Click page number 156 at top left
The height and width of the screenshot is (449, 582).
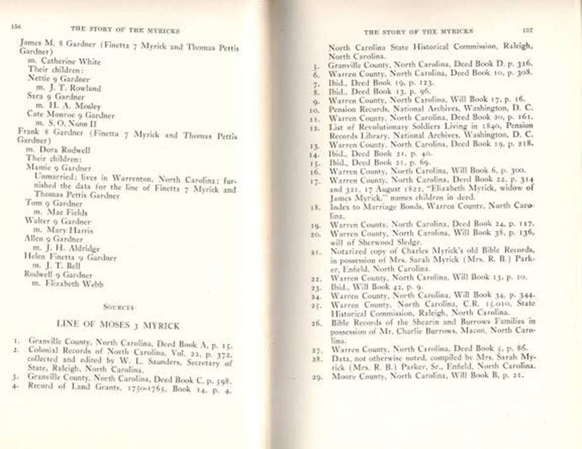(17, 26)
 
